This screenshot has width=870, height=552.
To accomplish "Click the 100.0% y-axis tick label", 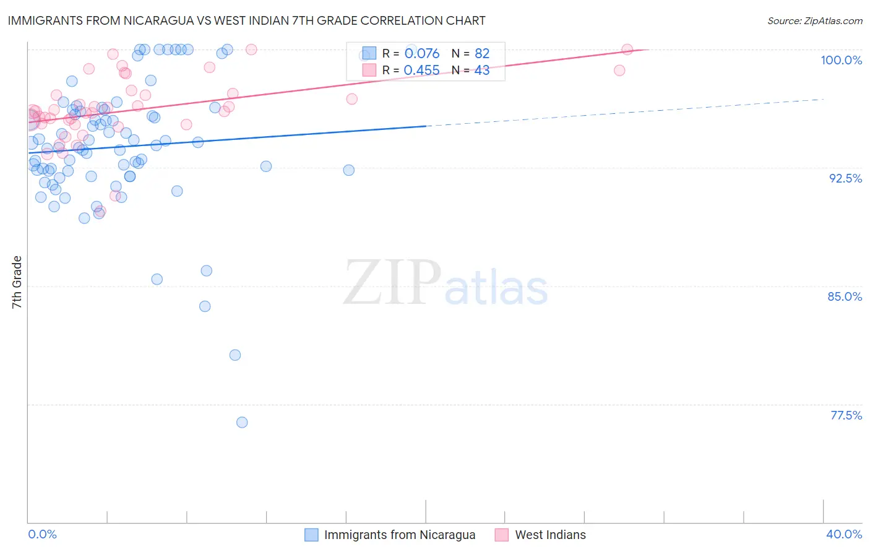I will pyautogui.click(x=841, y=60).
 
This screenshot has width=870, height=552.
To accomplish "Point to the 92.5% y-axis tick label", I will pyautogui.click(x=845, y=178).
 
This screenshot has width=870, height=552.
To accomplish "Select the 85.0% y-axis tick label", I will pyautogui.click(x=845, y=296).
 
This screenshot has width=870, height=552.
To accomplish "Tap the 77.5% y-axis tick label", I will pyautogui.click(x=846, y=415).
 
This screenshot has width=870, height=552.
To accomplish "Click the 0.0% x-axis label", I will pyautogui.click(x=42, y=534).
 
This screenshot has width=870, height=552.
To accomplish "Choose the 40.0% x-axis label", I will pyautogui.click(x=843, y=534).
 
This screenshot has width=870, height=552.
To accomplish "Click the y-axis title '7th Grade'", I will pyautogui.click(x=17, y=282).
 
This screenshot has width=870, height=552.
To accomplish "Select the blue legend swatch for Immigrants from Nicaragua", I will pyautogui.click(x=311, y=535).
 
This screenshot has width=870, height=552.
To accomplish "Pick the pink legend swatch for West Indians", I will pyautogui.click(x=502, y=535).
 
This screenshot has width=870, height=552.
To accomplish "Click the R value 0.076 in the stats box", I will pyautogui.click(x=421, y=53).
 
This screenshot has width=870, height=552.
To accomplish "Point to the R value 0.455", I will pyautogui.click(x=421, y=71).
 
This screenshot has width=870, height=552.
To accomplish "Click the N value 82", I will pyautogui.click(x=482, y=53).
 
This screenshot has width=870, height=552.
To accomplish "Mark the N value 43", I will pyautogui.click(x=482, y=71).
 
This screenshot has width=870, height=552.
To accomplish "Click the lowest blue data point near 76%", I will pyautogui.click(x=242, y=422).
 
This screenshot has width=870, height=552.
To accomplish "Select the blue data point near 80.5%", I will pyautogui.click(x=235, y=355).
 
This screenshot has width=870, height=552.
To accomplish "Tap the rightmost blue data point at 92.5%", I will pyautogui.click(x=349, y=170).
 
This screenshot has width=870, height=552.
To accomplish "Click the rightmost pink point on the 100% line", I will pyautogui.click(x=627, y=50).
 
